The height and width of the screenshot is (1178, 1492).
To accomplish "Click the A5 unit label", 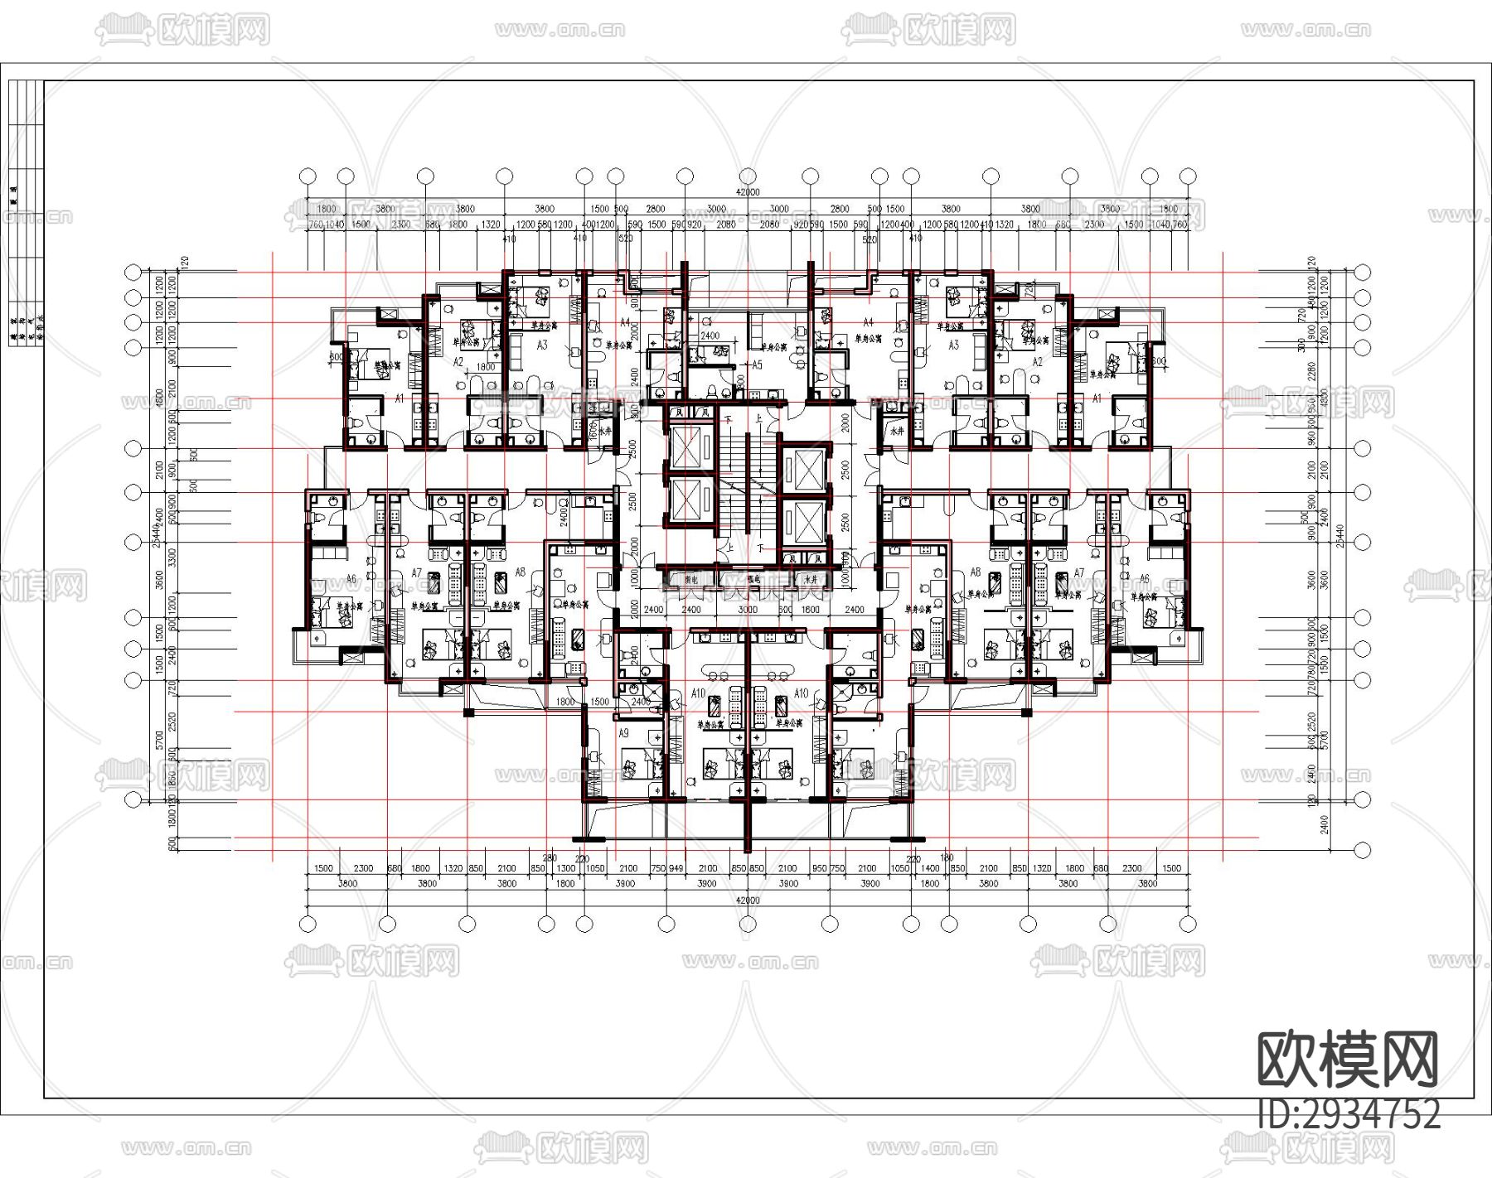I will coord(755,365).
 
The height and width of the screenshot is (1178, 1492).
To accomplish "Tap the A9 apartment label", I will coord(624,733).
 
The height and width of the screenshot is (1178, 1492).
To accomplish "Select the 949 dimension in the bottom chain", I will coord(677,868).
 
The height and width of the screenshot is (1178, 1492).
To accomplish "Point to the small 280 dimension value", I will coord(550,858).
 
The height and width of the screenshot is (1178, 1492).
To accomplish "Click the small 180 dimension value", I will coord(947,858).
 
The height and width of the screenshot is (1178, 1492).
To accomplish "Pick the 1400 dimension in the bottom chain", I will coord(930,868).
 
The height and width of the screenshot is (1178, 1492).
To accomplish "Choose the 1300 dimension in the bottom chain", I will coord(565,868).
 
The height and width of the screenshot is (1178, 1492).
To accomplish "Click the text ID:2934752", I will coord(1349,1114).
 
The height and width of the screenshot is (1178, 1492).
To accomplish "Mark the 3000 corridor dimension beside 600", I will coord(748,610).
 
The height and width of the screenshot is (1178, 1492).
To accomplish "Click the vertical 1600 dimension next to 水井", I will coord(593,429).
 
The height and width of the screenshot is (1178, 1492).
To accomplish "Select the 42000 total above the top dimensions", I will coord(748,192).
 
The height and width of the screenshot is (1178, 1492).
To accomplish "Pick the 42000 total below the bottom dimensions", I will coord(748,900).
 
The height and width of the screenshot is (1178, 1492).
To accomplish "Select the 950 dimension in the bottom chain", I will coord(819,868).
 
